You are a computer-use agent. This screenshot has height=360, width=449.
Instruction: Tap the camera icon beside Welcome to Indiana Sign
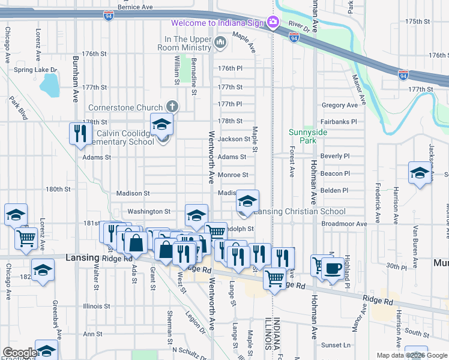tap(273, 23)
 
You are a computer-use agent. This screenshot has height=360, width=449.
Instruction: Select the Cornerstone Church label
tap(125, 107)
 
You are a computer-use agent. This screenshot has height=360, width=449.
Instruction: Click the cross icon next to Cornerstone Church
tap(172, 107)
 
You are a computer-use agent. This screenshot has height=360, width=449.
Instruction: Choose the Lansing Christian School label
tap(299, 211)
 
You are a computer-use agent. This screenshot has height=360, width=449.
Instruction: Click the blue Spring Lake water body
tap(51, 86)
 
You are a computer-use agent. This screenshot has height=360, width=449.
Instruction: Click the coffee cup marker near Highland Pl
tap(332, 268)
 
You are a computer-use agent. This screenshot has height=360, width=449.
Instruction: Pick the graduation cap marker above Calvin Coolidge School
tap(161, 124)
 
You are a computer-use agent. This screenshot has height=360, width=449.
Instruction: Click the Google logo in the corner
tap(19, 353)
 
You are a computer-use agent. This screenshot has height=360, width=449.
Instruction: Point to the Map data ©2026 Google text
tap(411, 355)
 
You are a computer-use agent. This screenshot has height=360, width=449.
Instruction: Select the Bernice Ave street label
tap(135, 8)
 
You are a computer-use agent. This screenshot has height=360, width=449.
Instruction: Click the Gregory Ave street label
tap(339, 105)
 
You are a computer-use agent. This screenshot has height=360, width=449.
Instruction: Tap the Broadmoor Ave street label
tap(344, 224)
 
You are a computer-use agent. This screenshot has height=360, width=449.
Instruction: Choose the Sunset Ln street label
tap(336, 345)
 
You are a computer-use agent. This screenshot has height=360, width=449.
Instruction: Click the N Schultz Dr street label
tap(189, 349)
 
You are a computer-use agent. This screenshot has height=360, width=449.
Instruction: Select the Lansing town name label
tap(82, 257)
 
